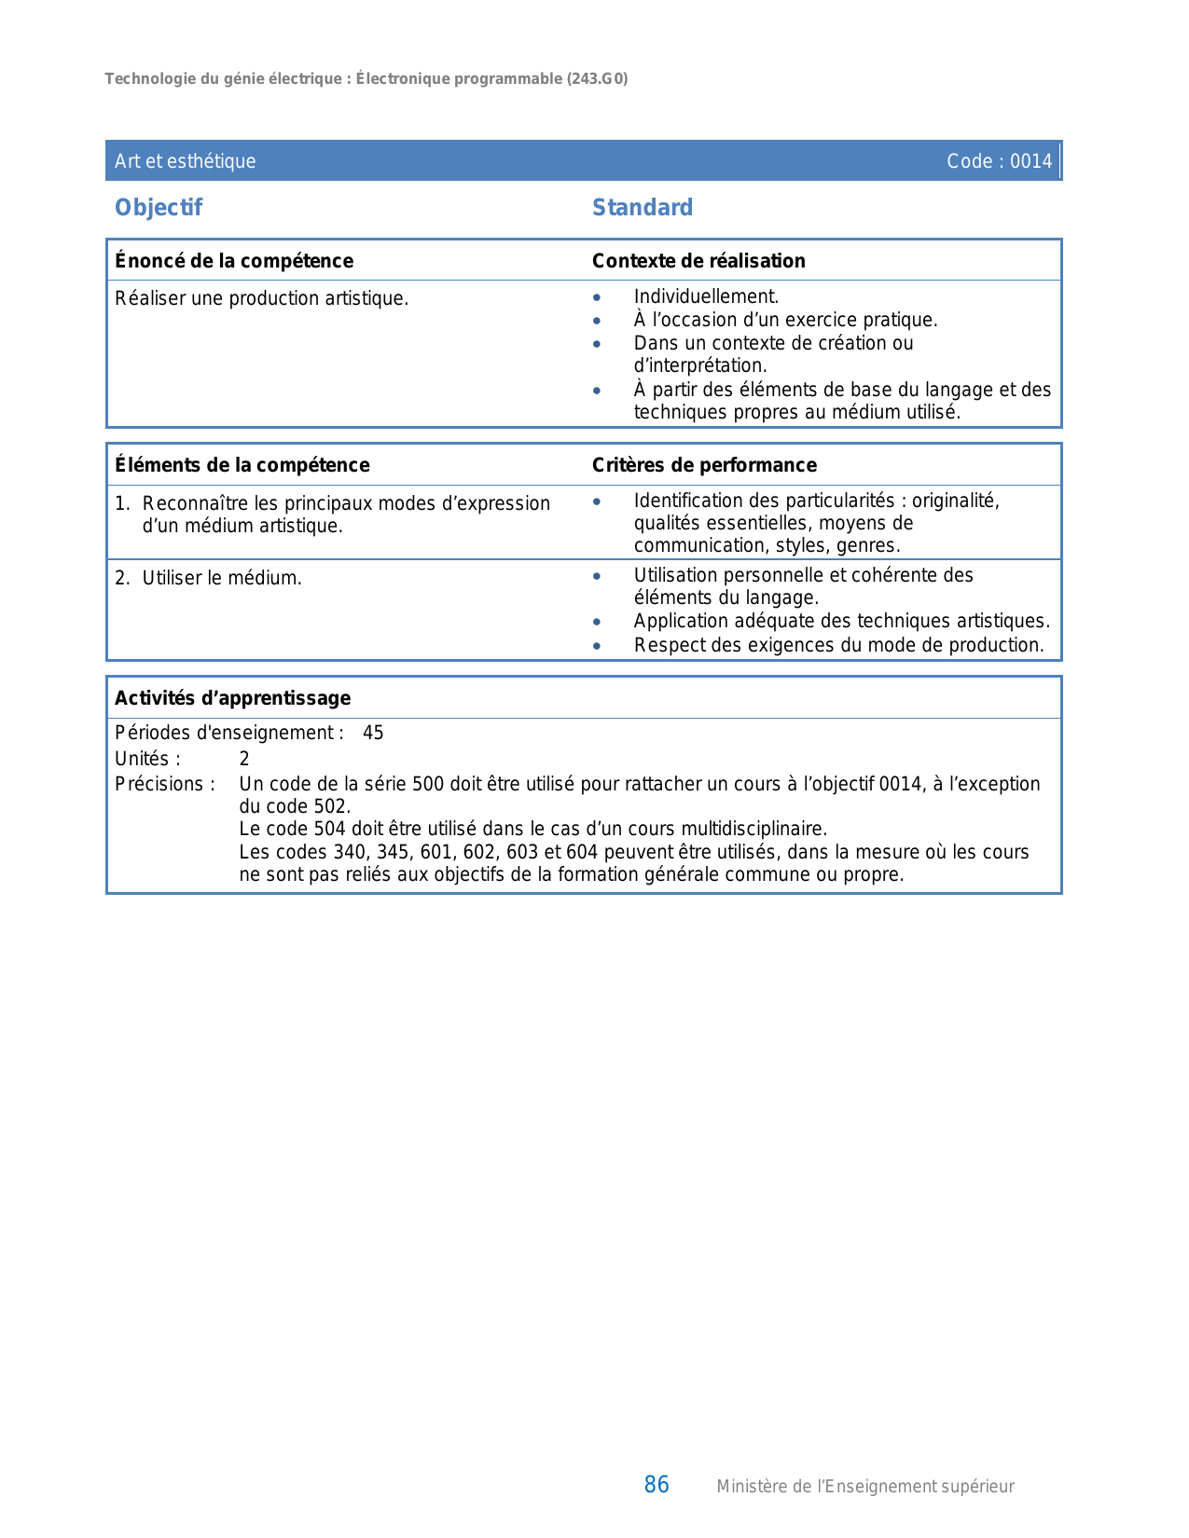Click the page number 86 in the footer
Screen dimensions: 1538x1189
657,1485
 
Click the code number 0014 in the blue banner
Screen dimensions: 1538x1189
1030,161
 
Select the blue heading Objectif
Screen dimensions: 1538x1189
159,208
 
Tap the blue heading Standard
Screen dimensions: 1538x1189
643,208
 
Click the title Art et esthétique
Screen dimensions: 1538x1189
185,161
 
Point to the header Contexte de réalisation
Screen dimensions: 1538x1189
698,261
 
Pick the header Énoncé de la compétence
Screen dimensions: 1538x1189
234,261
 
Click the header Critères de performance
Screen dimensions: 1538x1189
704,465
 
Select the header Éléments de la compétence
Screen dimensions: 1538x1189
242,465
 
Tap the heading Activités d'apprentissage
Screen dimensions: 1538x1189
232,698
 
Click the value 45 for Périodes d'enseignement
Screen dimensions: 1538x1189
373,733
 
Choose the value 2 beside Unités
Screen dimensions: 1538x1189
244,759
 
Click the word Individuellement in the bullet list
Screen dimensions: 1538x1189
705,296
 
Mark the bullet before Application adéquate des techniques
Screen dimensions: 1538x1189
597,622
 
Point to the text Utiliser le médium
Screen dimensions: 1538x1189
222,578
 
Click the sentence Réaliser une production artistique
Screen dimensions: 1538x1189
261,298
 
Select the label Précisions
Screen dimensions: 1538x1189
164,784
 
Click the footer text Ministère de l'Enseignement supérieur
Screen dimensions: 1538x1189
864,1487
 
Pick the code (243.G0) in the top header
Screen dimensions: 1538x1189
597,79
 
